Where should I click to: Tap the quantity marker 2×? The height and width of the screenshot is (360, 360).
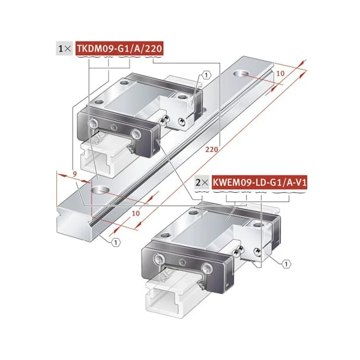(x=201, y=180)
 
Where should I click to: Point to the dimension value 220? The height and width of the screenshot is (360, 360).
(x=211, y=148)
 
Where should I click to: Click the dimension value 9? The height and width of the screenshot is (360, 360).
(x=73, y=175)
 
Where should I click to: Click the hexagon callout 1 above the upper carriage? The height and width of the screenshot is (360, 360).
(x=206, y=75)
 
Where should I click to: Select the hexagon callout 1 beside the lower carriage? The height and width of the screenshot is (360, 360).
(x=286, y=263)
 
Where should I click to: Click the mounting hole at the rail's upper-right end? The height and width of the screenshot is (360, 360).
(x=245, y=74)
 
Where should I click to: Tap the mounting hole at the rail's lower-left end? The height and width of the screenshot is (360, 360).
(x=100, y=190)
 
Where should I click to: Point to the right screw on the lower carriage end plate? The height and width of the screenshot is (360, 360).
(x=208, y=268)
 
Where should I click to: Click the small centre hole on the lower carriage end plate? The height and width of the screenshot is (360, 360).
(x=184, y=264)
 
